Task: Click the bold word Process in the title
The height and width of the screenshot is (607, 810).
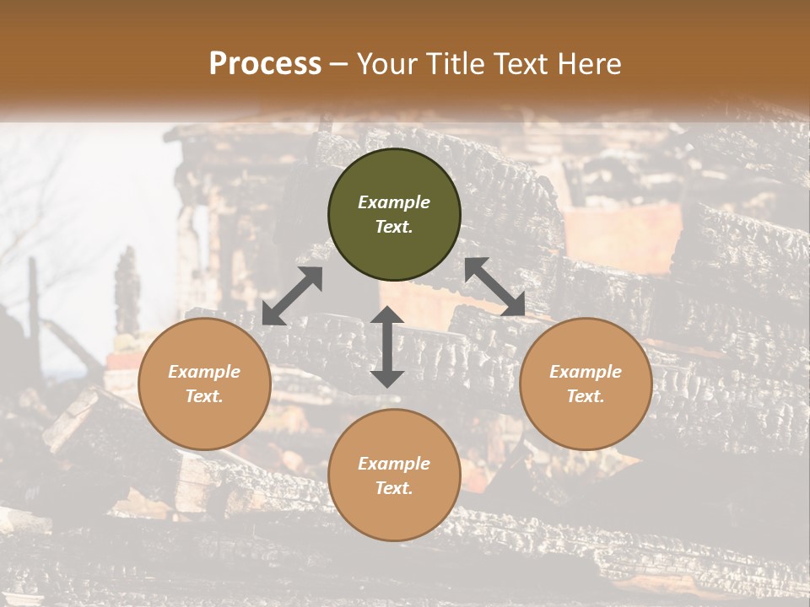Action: tap(265, 64)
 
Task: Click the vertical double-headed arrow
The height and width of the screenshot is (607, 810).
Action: tap(387, 346)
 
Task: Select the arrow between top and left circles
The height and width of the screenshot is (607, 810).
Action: tap(292, 296)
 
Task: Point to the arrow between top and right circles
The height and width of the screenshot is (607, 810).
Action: tap(494, 287)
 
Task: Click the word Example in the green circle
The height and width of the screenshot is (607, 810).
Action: tap(394, 202)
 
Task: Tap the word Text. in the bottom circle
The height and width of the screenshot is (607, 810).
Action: tap(394, 488)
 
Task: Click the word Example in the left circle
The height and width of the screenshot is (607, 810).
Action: tap(204, 372)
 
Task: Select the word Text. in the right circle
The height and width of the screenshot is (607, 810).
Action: tap(586, 396)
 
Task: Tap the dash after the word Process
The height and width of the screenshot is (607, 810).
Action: tap(338, 65)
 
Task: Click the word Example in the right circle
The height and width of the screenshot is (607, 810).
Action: tap(586, 372)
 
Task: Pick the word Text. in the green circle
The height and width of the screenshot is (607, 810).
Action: tap(394, 227)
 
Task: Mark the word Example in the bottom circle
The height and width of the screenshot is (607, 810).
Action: tap(394, 464)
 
